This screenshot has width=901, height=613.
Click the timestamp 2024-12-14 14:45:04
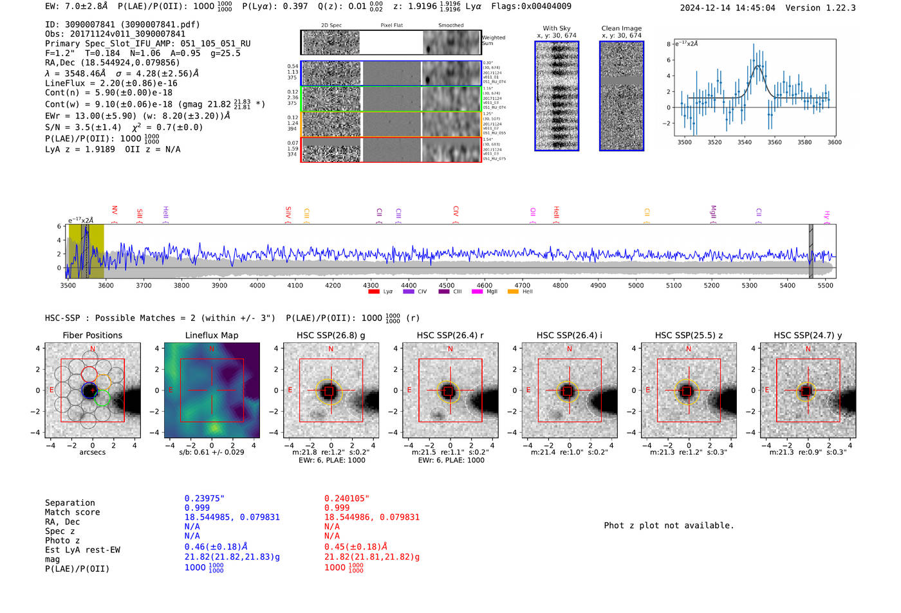[727, 8]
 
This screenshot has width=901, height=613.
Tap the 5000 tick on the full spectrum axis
[636, 285]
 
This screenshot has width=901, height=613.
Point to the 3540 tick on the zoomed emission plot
[745, 142]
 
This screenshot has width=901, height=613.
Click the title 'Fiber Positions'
[92, 335]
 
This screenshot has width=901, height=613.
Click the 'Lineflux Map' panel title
[212, 335]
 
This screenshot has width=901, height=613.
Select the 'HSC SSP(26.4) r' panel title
[450, 335]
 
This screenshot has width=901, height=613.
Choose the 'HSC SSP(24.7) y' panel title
[808, 335]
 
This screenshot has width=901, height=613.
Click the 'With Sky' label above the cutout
[557, 28]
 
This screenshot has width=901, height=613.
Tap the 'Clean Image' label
[621, 28]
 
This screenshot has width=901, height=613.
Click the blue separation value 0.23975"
[205, 499]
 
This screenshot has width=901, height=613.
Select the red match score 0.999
[337, 508]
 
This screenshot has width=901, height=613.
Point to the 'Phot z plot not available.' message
[669, 526]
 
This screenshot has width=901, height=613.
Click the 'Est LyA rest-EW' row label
[82, 550]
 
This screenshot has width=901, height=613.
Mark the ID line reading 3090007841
[122, 24]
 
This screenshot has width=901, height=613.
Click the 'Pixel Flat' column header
[391, 26]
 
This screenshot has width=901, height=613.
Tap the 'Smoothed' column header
[450, 26]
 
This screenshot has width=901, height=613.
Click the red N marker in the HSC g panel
[331, 349]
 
